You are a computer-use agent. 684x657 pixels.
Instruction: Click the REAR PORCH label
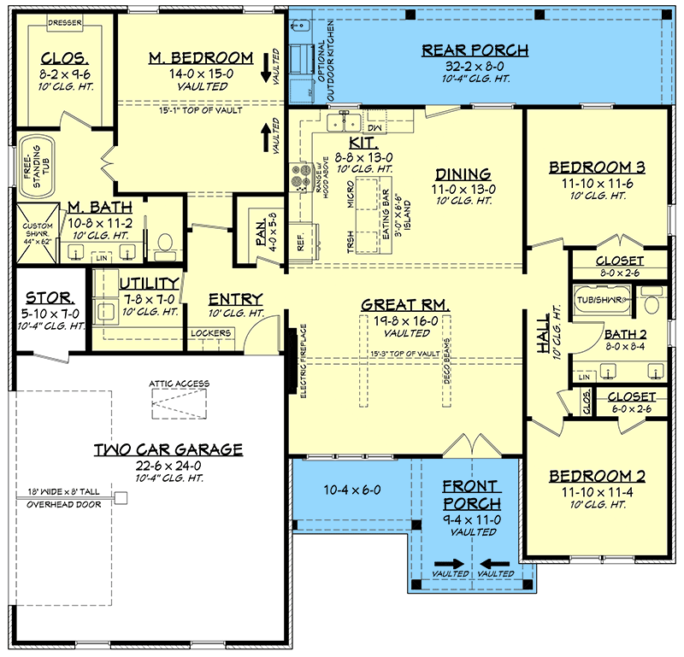click(x=475, y=50)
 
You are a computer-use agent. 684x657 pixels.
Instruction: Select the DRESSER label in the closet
click(x=65, y=23)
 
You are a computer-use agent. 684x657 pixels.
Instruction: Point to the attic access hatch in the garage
click(x=179, y=404)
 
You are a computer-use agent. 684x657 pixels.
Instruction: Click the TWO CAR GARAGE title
click(x=168, y=449)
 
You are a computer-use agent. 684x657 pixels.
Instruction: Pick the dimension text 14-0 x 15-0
click(x=201, y=73)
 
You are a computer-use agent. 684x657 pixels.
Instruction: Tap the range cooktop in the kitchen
click(x=301, y=177)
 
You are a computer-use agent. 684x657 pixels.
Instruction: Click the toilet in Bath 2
click(x=652, y=299)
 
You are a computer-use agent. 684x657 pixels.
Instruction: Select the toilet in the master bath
click(x=164, y=244)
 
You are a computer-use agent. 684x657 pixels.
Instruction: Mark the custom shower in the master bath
click(x=38, y=233)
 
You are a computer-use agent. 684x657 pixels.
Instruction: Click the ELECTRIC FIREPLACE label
click(x=304, y=361)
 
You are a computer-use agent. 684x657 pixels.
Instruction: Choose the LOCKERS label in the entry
click(x=210, y=333)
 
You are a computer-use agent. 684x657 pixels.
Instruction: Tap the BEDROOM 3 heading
click(x=597, y=167)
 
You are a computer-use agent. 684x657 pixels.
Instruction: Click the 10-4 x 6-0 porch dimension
click(x=352, y=490)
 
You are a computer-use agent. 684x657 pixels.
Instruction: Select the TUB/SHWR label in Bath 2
click(x=601, y=300)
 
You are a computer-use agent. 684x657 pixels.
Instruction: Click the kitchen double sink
click(x=345, y=121)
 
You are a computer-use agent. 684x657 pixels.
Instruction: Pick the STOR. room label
click(x=50, y=298)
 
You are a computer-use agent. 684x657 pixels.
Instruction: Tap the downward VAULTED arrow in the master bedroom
click(x=266, y=68)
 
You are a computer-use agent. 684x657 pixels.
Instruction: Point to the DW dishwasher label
click(x=374, y=128)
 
